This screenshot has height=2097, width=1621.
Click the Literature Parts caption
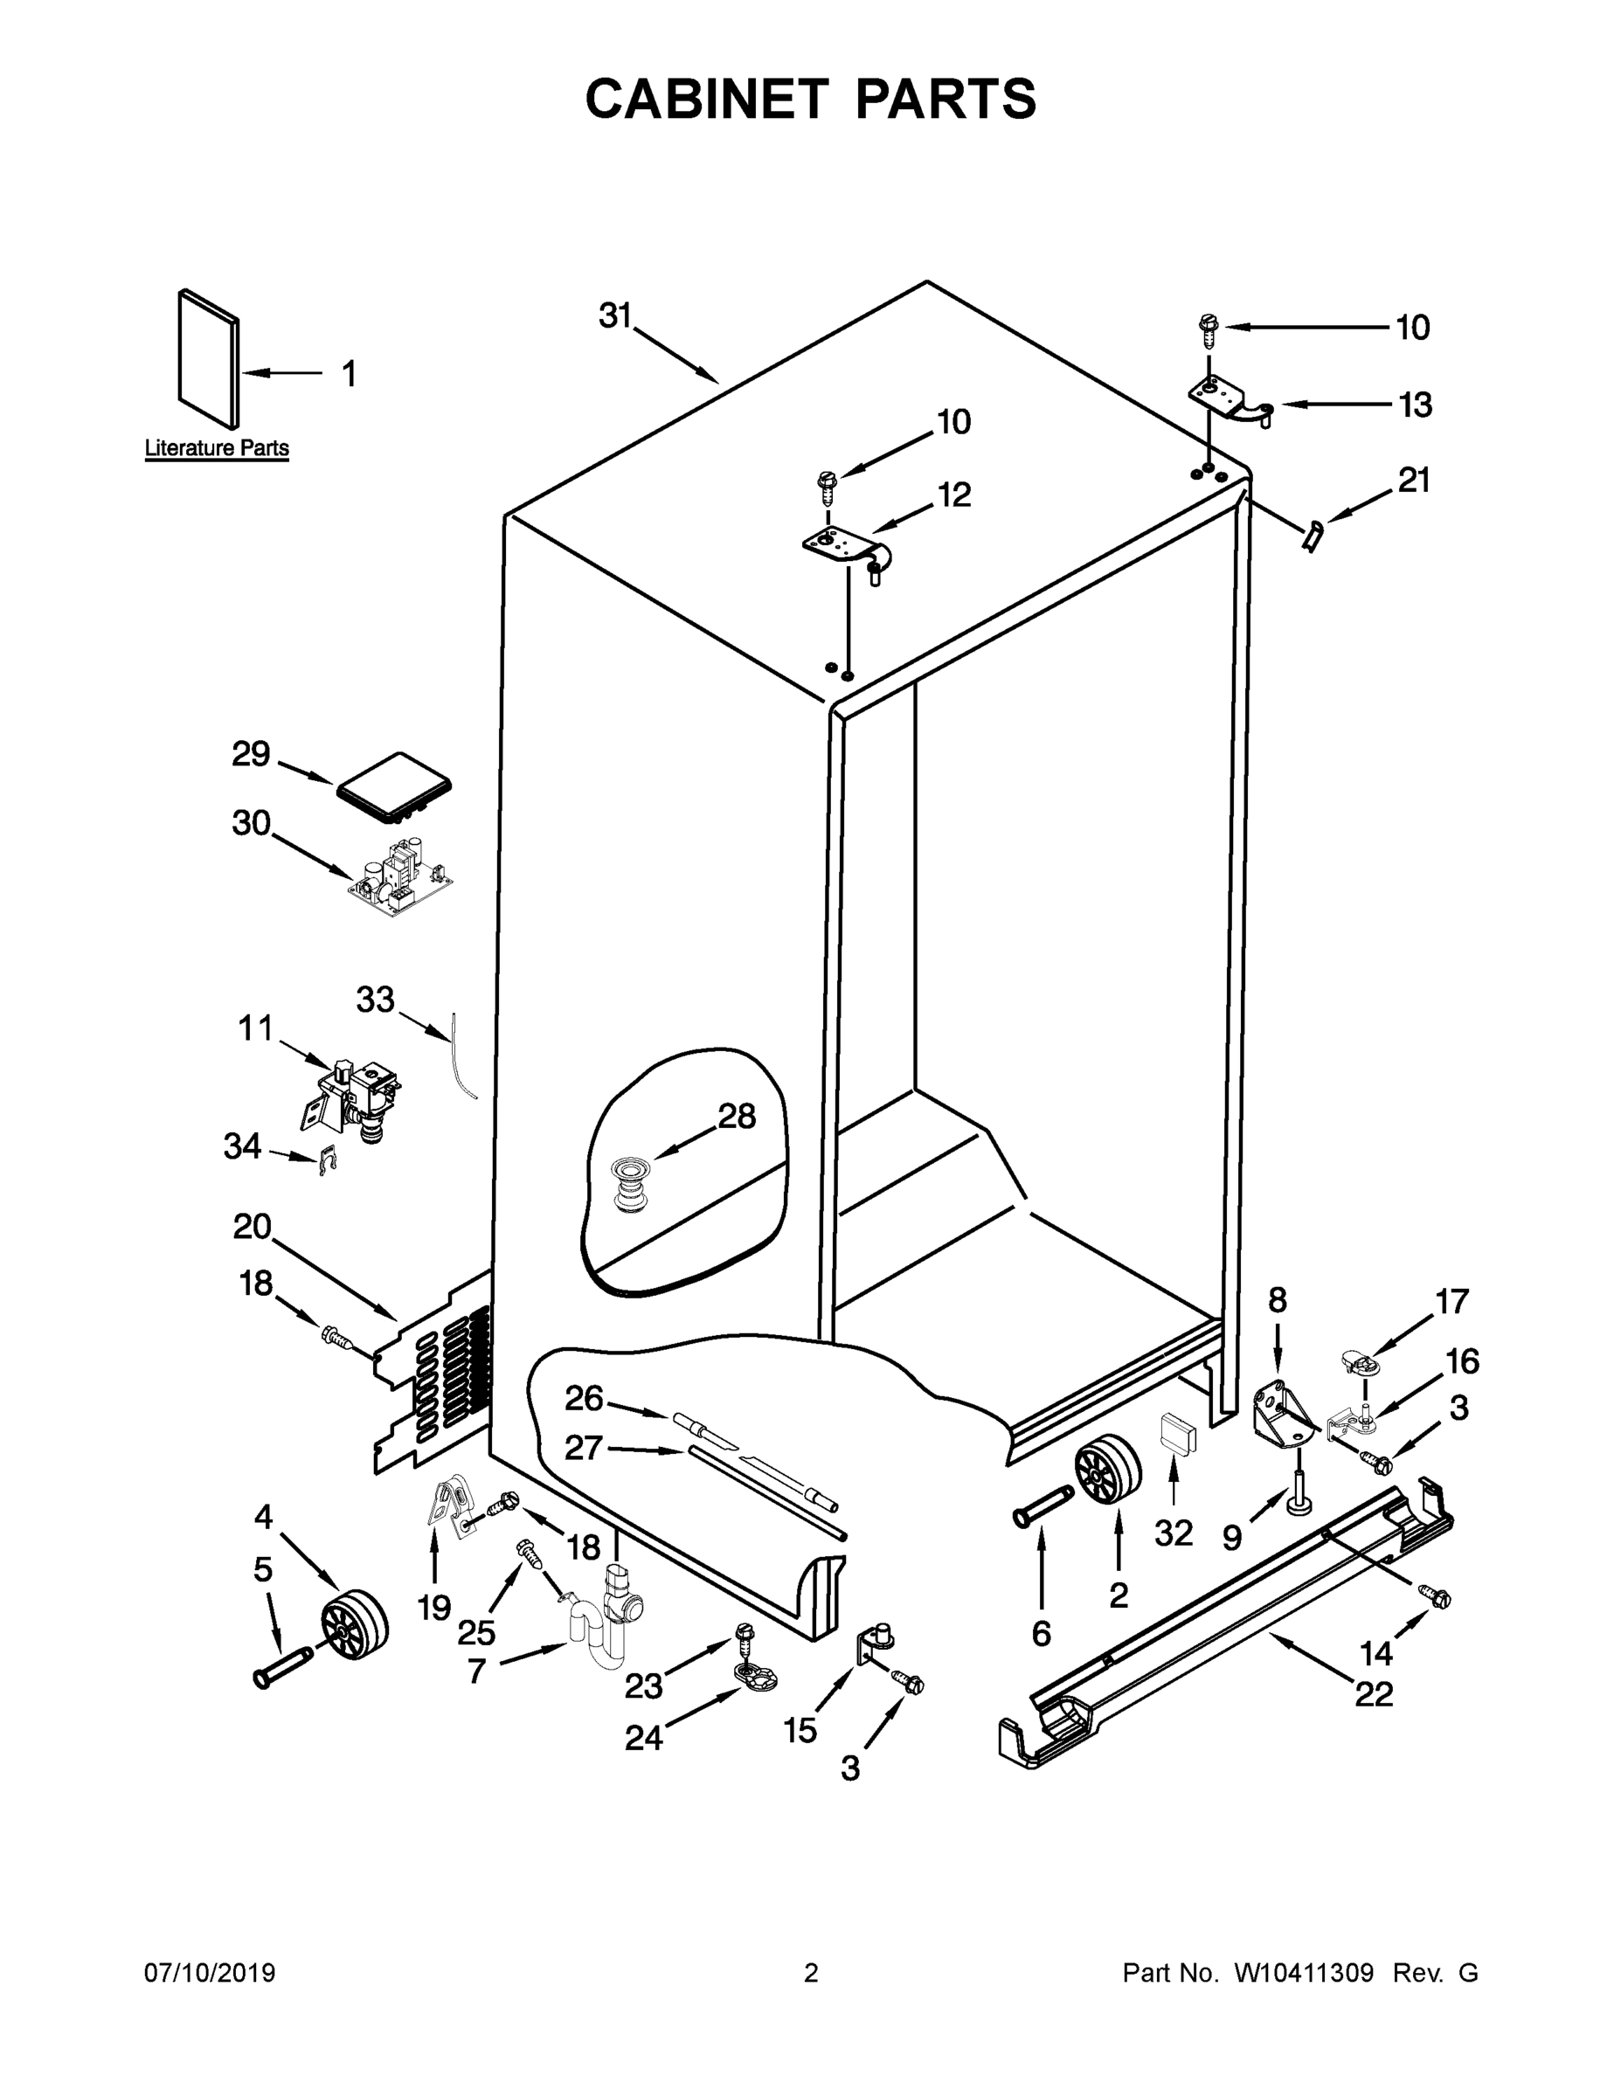(216, 447)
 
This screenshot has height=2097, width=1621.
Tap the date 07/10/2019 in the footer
(210, 1973)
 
